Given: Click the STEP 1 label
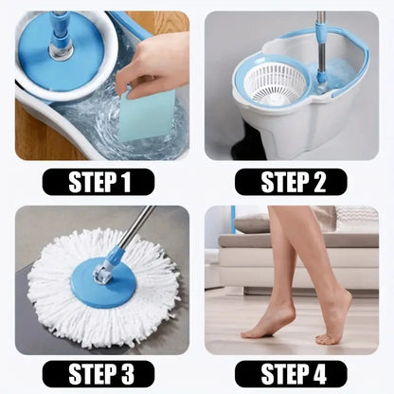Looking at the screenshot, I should [98, 182].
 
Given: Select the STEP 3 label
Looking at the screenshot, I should [98, 373].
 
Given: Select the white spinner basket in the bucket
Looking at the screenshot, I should [276, 83].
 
